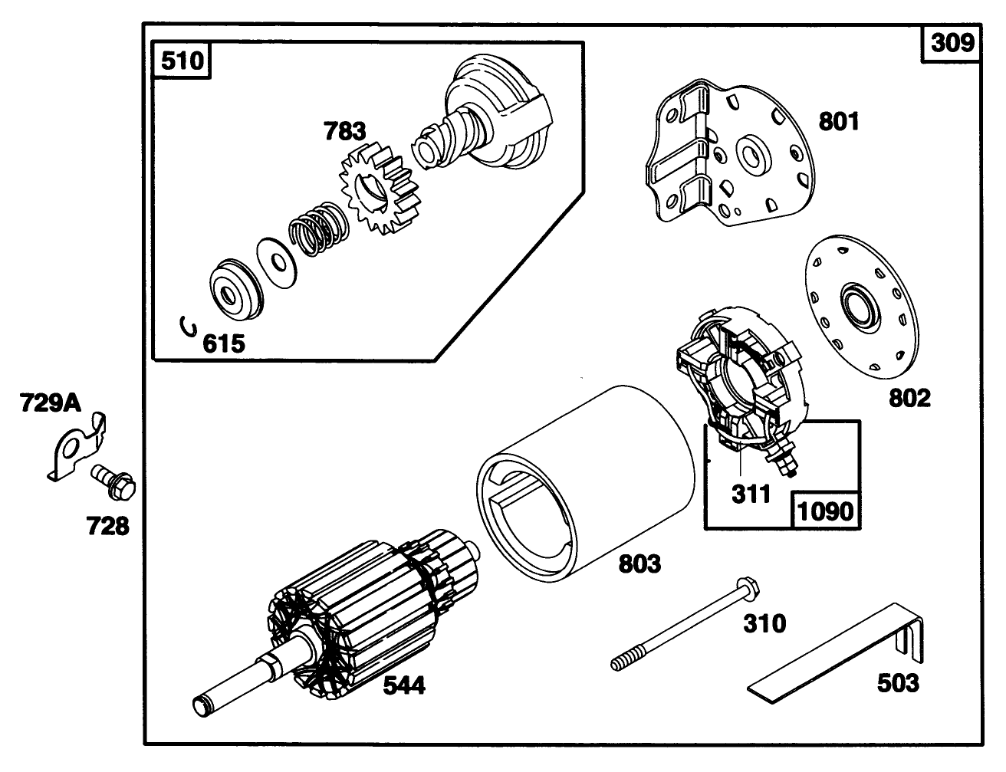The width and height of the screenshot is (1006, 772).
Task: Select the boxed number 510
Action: pyautogui.click(x=183, y=59)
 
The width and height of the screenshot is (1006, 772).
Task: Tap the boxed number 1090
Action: pyautogui.click(x=824, y=510)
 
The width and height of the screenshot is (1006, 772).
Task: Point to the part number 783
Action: pyautogui.click(x=344, y=131)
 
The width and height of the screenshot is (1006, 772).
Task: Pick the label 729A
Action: pyautogui.click(x=51, y=402)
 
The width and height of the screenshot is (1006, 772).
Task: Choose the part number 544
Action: pyautogui.click(x=403, y=685)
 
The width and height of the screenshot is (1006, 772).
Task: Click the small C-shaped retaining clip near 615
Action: pyautogui.click(x=186, y=327)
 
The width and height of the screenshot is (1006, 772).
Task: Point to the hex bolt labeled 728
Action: pyautogui.click(x=113, y=481)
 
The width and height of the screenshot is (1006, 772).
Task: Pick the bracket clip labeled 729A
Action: pyautogui.click(x=77, y=448)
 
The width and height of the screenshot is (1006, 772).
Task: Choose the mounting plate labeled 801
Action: pyautogui.click(x=728, y=153)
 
